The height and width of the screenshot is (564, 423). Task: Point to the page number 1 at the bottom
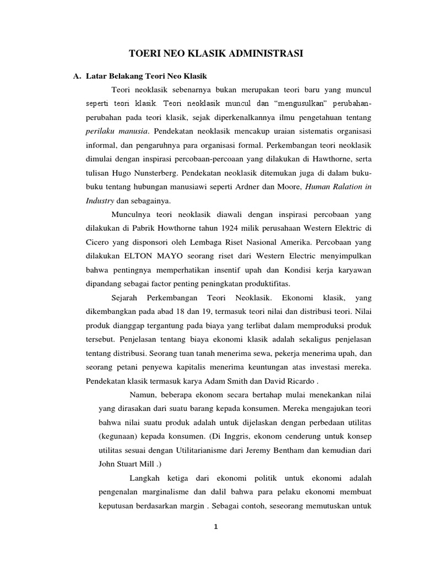[216, 527]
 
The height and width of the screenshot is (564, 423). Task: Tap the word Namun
[144, 394]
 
